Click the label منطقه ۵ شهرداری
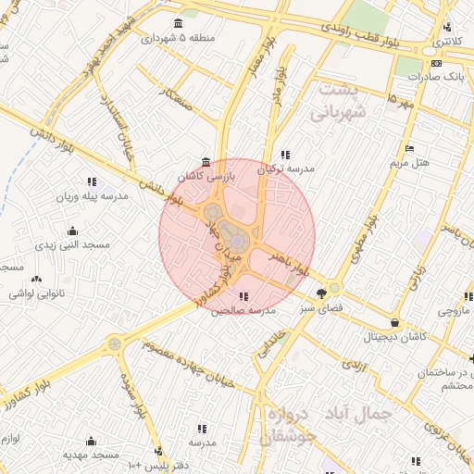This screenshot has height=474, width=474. [x=179, y=39]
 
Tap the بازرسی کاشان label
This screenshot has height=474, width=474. [x=206, y=175]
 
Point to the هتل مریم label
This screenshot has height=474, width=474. [x=408, y=164]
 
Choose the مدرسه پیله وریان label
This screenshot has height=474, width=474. [x=93, y=197]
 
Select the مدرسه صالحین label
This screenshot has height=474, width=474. [x=243, y=311]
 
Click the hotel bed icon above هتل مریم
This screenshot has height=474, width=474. [x=408, y=149]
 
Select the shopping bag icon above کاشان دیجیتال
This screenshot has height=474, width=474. [x=396, y=323]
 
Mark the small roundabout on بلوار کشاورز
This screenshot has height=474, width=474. [x=115, y=343]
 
